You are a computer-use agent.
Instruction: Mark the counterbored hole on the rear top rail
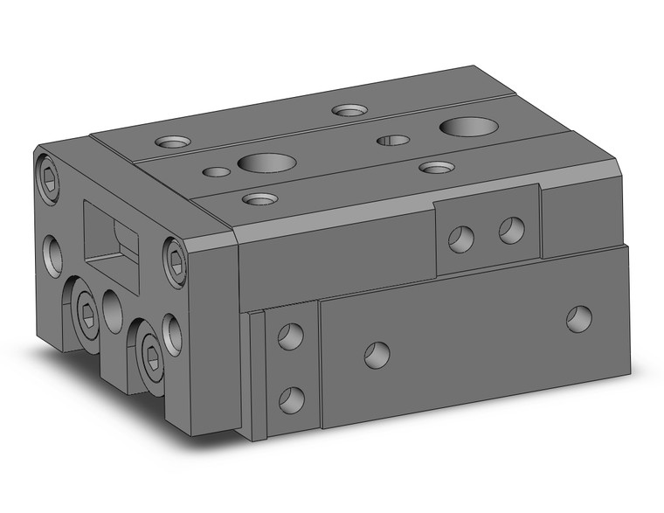[349, 111]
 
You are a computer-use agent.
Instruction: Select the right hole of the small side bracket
[511, 230]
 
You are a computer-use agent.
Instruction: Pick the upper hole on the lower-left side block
[290, 336]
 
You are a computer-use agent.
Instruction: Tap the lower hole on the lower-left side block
[290, 399]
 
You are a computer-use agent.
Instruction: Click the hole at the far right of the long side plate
[578, 318]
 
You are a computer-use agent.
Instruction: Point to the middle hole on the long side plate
[377, 354]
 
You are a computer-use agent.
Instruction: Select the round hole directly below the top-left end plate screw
[53, 254]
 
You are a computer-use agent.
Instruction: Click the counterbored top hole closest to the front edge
[259, 199]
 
